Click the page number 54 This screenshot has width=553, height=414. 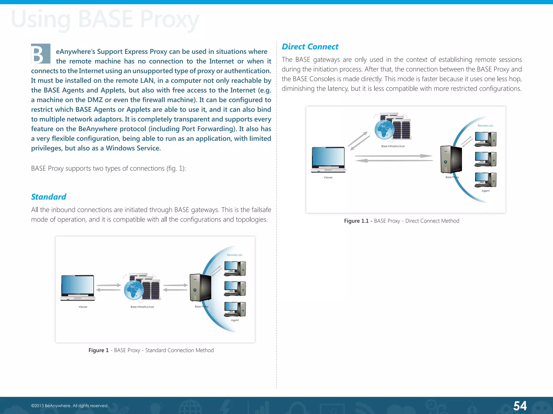[520, 406]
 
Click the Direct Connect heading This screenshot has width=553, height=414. [310, 47]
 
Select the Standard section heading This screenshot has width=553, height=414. [49, 197]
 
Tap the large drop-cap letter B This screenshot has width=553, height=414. [41, 54]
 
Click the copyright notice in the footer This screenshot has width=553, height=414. [70, 406]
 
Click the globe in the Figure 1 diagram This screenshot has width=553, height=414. [134, 290]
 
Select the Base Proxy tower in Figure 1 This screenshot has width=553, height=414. [200, 288]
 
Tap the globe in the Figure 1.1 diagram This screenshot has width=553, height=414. [384, 130]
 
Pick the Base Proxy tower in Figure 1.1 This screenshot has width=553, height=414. [451, 159]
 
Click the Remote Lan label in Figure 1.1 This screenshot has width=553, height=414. [485, 126]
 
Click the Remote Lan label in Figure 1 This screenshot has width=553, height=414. [235, 255]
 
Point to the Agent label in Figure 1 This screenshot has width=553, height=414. [235, 320]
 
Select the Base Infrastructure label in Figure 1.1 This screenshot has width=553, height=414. [393, 146]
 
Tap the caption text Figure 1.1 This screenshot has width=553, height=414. [356, 221]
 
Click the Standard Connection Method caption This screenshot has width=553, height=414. [179, 350]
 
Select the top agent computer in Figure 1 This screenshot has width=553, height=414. [235, 268]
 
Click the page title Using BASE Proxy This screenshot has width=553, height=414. [105, 19]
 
